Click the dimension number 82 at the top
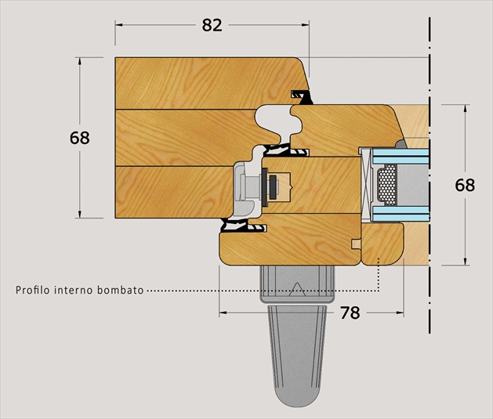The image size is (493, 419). (212, 25)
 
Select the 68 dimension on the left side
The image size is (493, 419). (79, 138)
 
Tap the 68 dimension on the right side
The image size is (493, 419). (465, 185)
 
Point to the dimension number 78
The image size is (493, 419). (350, 312)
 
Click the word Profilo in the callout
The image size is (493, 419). (33, 290)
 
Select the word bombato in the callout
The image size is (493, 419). (120, 290)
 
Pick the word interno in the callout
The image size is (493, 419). (74, 290)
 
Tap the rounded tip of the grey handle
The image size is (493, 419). (297, 397)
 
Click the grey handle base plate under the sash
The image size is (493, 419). (297, 284)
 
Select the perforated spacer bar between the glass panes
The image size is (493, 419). (386, 184)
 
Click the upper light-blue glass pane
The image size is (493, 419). (401, 156)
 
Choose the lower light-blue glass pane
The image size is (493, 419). (401, 214)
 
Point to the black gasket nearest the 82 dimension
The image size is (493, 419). (303, 97)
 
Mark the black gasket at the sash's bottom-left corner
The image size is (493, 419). (243, 226)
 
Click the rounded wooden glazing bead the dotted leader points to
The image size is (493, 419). (382, 244)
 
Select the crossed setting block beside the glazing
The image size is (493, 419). (366, 185)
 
